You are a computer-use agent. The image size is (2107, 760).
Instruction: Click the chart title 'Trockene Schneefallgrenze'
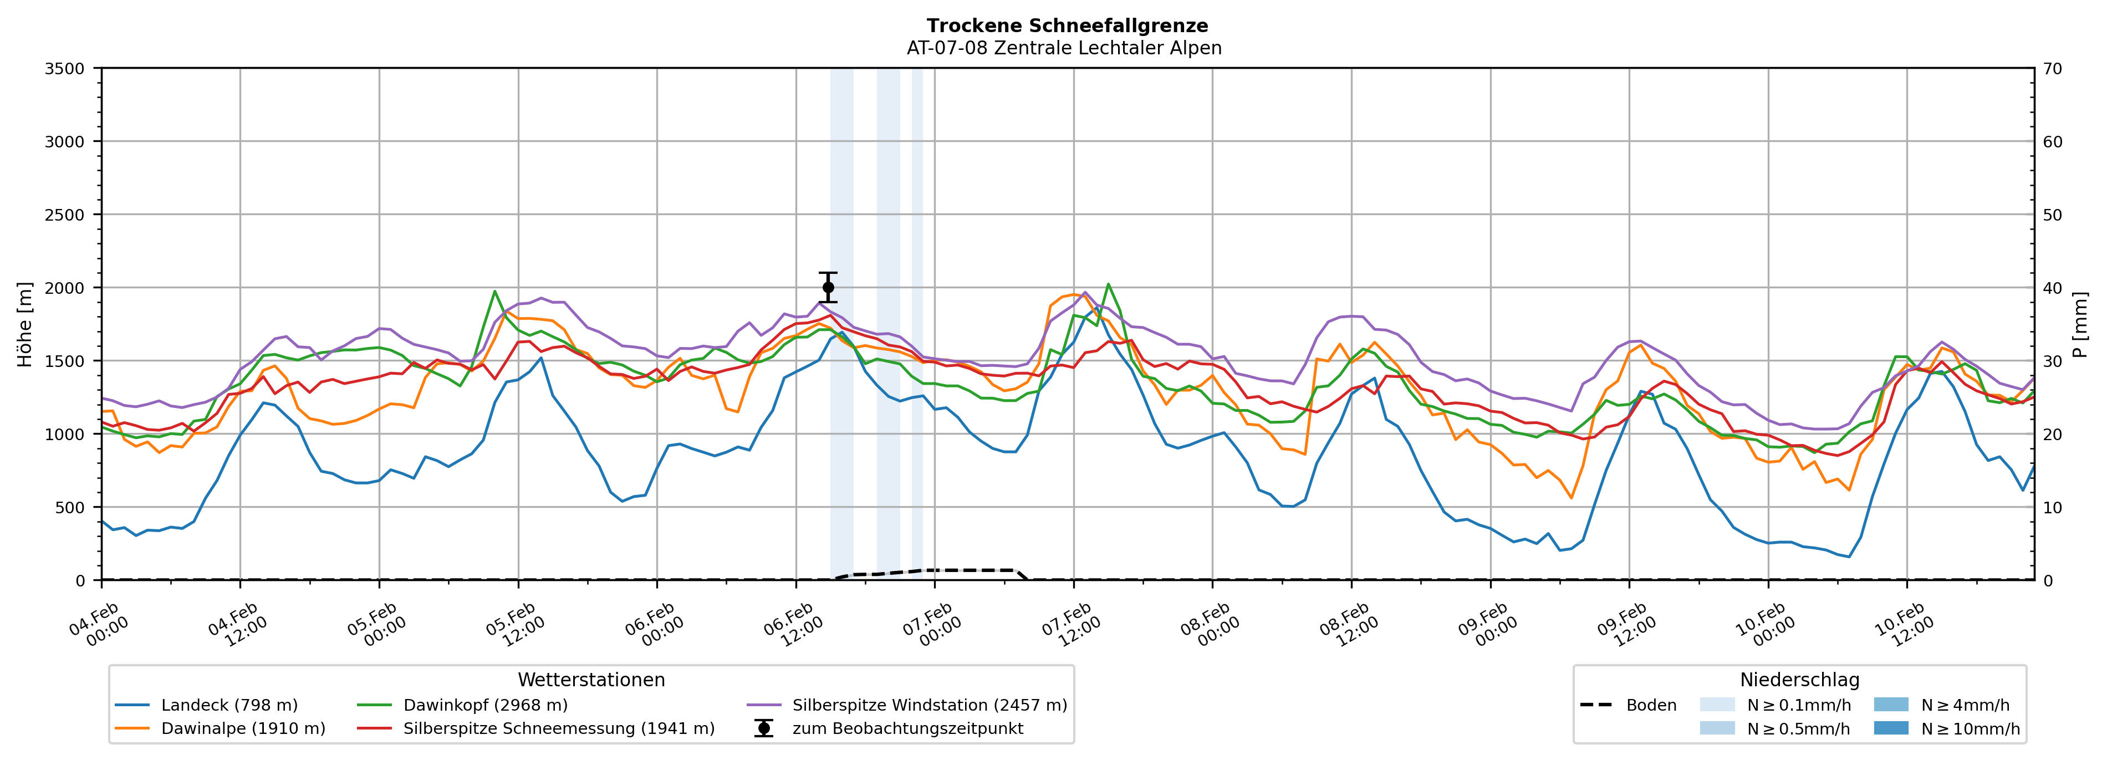1067,26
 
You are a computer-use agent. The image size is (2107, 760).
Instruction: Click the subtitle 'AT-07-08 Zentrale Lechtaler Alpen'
1063,48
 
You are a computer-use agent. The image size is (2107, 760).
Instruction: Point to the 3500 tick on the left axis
65,69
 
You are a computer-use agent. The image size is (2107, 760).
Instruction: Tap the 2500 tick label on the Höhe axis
65,215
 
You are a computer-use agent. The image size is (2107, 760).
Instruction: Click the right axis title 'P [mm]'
2080,324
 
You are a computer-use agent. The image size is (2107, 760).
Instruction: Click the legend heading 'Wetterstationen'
591,680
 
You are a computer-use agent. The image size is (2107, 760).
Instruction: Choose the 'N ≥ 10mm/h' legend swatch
1891,728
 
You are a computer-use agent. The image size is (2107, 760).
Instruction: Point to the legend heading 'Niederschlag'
1799,680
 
